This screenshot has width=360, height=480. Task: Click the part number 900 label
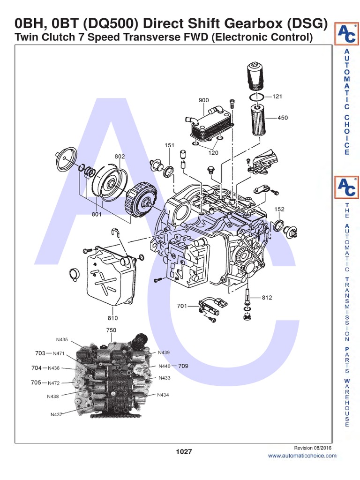[203, 100]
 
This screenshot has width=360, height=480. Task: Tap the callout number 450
[283, 118]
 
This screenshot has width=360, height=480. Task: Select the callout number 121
[277, 97]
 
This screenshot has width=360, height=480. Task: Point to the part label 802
[120, 156]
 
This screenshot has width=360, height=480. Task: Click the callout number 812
[267, 297]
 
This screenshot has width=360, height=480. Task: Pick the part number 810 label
[113, 318]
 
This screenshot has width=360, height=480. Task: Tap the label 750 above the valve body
[111, 330]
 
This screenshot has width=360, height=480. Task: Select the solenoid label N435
[62, 340]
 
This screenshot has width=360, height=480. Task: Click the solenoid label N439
[164, 352]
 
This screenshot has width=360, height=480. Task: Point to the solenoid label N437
[57, 414]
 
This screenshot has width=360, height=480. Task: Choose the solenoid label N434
[163, 395]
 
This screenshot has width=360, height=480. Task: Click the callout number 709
[183, 366]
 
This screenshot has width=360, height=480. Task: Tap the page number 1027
[184, 451]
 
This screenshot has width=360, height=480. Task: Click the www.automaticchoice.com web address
[302, 456]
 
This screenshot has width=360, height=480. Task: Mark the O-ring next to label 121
[253, 97]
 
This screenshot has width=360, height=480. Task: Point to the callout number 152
[279, 209]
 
